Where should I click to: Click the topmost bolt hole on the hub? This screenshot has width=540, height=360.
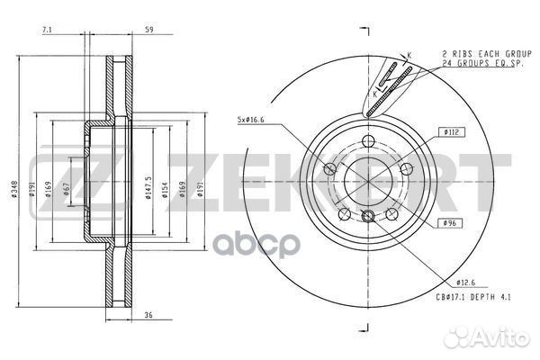pos(367,139)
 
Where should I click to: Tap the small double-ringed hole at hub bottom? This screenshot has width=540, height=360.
pos(367,215)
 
